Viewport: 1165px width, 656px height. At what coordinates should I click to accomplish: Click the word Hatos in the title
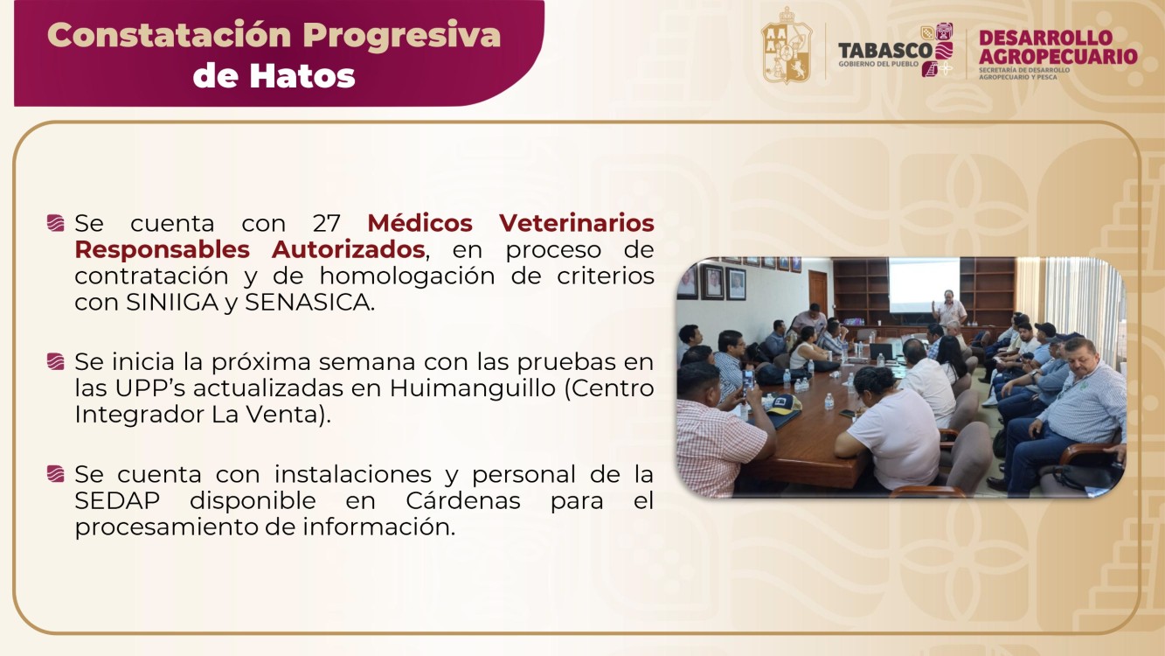point(302,75)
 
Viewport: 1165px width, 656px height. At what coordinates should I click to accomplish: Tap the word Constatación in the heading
point(170,35)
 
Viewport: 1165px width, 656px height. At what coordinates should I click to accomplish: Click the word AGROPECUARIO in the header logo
point(1058,57)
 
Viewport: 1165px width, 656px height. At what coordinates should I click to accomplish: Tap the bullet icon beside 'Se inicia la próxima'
point(56,361)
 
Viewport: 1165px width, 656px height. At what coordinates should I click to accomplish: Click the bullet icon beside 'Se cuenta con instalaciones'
point(56,475)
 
